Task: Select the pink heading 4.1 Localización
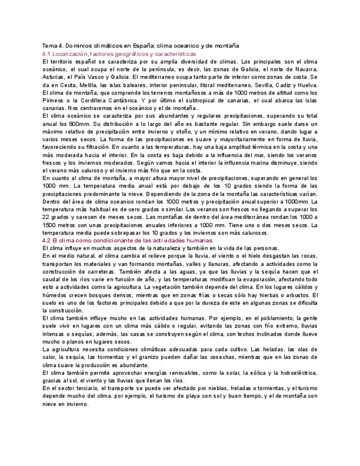coord(119,54)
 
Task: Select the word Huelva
coord(306,86)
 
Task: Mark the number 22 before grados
coord(46,217)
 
